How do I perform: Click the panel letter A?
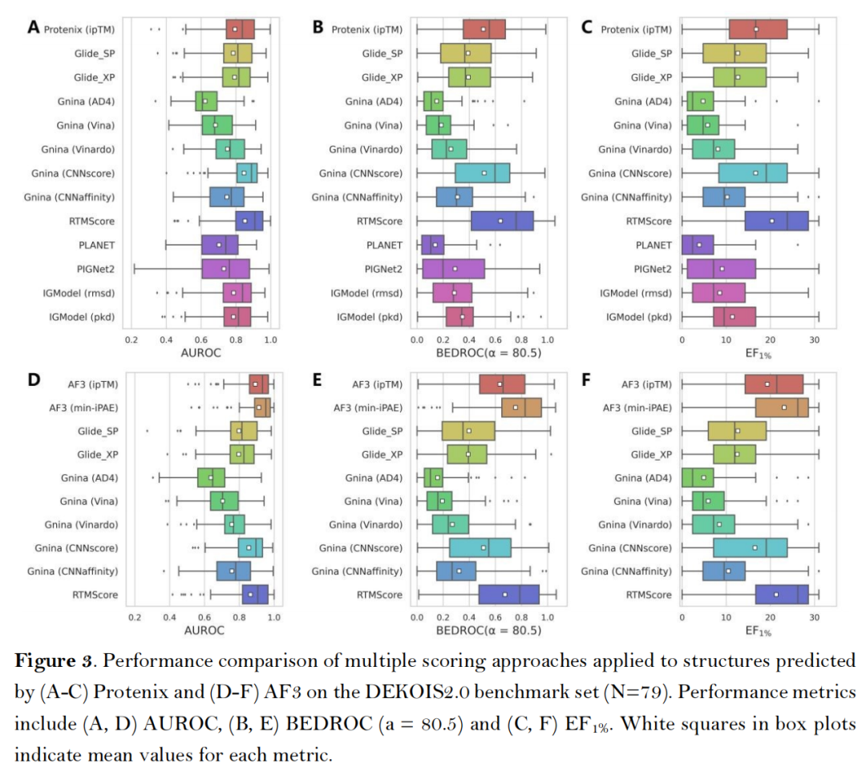tap(34, 27)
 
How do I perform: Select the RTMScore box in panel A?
tap(249, 221)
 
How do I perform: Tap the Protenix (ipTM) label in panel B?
tap(366, 30)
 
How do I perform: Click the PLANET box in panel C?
tap(697, 245)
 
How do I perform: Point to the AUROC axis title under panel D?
tap(204, 630)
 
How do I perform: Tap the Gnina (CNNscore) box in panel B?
tap(482, 173)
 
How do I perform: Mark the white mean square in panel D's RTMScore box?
tap(251, 595)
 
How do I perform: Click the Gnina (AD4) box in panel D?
tap(211, 477)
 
